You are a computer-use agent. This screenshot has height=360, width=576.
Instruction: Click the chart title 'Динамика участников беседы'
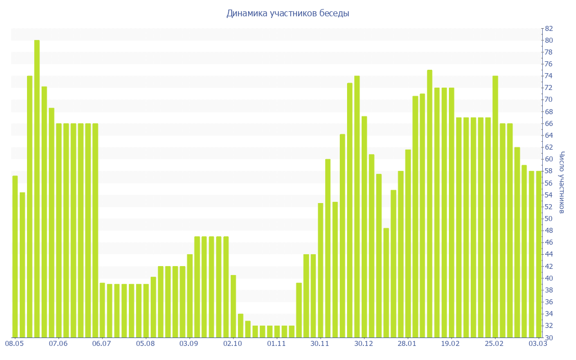tap(287, 13)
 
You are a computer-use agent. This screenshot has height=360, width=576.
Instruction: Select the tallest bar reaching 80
tap(37, 188)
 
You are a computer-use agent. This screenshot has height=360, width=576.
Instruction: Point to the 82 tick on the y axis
tap(548, 29)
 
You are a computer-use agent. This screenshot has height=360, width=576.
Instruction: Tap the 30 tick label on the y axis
tap(548, 337)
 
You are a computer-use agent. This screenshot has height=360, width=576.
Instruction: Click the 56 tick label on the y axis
tap(548, 183)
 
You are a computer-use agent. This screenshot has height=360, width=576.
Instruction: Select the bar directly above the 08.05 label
tap(15, 256)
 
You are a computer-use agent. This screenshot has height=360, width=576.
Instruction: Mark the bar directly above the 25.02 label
tap(495, 206)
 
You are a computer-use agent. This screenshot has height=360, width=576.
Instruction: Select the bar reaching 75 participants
tap(430, 204)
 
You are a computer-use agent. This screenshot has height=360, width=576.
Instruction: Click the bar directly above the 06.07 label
tap(102, 310)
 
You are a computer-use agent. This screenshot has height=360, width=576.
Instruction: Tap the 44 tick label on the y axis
tap(548, 254)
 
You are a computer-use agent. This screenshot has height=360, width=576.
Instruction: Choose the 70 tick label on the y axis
tap(548, 100)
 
